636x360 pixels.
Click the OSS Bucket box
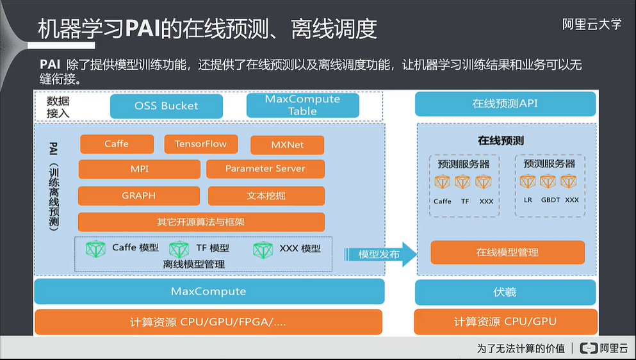167,106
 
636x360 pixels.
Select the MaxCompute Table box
302,105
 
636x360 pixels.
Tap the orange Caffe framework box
117,144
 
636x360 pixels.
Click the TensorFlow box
200,144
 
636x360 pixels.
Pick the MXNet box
287,145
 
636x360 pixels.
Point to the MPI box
139,169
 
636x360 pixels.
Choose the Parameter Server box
265,169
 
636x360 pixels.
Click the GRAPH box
138,195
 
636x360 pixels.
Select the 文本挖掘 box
266,195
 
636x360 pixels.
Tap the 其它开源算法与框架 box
201,222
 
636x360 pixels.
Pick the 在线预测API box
505,104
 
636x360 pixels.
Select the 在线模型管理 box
507,252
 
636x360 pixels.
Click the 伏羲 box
505,292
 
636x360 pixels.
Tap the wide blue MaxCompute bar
209,291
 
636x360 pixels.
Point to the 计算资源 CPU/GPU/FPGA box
209,322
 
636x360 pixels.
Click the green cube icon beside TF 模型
179,249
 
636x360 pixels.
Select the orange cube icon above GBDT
548,182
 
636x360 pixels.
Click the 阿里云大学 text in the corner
592,24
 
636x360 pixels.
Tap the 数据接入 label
58,106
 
